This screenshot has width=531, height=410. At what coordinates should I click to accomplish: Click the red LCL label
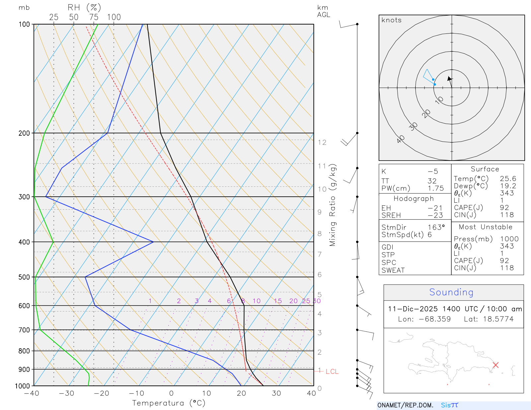pyautogui.click(x=332, y=372)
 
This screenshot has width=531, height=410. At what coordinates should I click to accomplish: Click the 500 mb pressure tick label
pyautogui.click(x=24, y=277)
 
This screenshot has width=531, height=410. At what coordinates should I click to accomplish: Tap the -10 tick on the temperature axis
pyautogui.click(x=136, y=393)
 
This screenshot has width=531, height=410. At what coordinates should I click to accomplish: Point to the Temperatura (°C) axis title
pyautogui.click(x=169, y=403)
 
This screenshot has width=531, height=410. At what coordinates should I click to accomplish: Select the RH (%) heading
pyautogui.click(x=84, y=8)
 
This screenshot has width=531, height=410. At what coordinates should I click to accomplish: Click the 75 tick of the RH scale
pyautogui.click(x=94, y=17)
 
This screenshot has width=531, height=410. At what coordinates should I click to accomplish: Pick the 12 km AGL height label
pyautogui.click(x=322, y=142)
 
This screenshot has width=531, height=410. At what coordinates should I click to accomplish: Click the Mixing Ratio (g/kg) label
pyautogui.click(x=333, y=205)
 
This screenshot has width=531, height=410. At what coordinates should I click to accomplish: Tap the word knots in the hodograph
pyautogui.click(x=391, y=20)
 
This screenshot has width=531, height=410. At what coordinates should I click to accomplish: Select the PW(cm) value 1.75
pyautogui.click(x=435, y=188)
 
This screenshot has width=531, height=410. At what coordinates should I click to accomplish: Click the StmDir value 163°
pyautogui.click(x=436, y=227)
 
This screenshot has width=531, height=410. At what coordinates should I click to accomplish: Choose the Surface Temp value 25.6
pyautogui.click(x=508, y=179)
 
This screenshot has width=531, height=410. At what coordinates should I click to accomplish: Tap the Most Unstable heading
pyautogui.click(x=486, y=227)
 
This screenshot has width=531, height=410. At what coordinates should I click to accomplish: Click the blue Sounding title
pyautogui.click(x=451, y=292)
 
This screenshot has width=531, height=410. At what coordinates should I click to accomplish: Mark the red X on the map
pyautogui.click(x=495, y=365)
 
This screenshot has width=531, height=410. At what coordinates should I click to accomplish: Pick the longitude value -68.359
pyautogui.click(x=435, y=319)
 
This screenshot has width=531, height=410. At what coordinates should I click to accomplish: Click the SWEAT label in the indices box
pyautogui.click(x=393, y=270)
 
